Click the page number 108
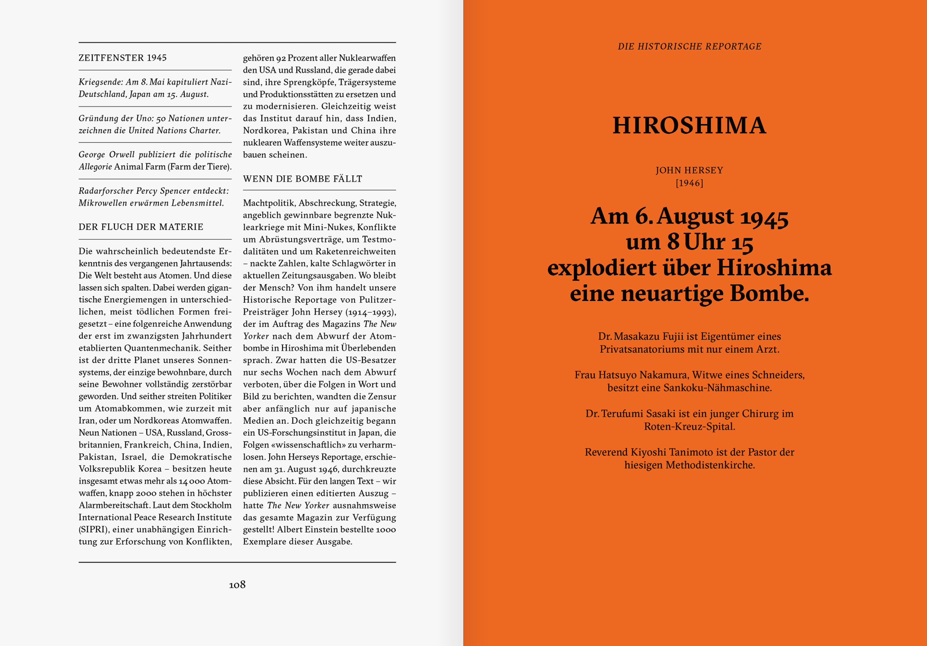[x=237, y=584]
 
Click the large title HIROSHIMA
[x=689, y=126]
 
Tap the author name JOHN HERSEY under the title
[x=689, y=170]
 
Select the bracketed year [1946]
[x=689, y=183]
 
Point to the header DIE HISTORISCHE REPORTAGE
[x=689, y=47]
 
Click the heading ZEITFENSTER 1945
[x=122, y=58]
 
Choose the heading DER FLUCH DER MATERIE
[x=141, y=227]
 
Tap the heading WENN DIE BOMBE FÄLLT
[x=302, y=179]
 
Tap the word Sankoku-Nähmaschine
[x=717, y=388]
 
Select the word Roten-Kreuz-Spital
[x=689, y=426]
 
